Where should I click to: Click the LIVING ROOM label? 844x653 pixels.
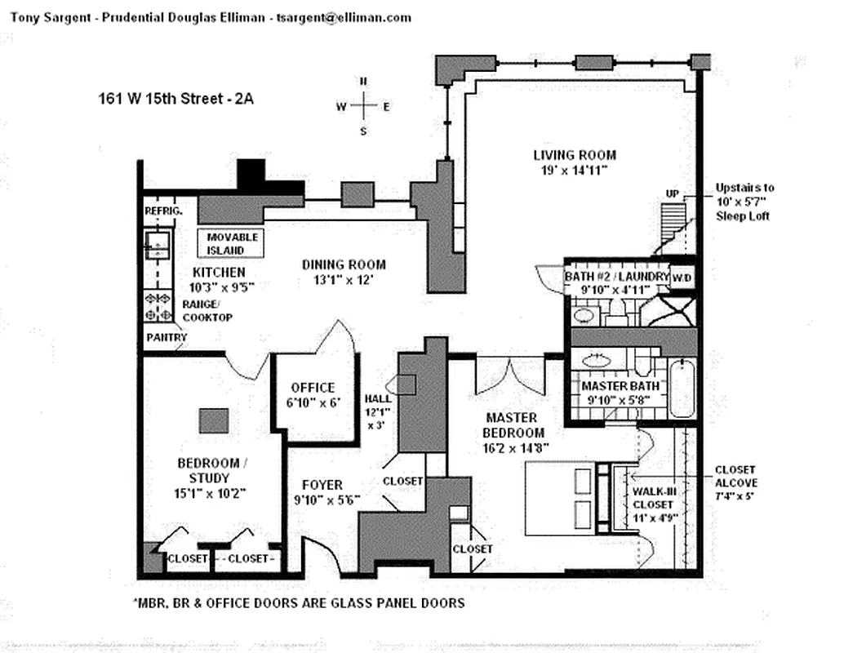[x=575, y=155]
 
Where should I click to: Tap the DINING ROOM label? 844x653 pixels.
[x=344, y=264]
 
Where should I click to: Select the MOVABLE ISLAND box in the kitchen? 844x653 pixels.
[x=230, y=243]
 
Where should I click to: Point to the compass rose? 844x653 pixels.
[x=363, y=106]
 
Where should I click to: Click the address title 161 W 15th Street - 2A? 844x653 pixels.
[x=176, y=99]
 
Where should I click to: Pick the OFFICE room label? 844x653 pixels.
[x=313, y=388]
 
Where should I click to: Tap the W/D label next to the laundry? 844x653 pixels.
[x=682, y=278]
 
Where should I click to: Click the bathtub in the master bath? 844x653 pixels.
[x=682, y=389]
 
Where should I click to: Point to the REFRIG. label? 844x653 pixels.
[x=163, y=211]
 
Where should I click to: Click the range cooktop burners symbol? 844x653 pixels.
[x=158, y=306]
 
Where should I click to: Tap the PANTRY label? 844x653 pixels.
[x=167, y=338]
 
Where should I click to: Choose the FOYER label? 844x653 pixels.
[x=322, y=485]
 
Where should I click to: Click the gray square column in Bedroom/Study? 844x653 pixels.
[x=214, y=420]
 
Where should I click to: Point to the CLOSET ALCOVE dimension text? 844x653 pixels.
[x=735, y=495]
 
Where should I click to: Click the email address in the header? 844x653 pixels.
[x=344, y=18]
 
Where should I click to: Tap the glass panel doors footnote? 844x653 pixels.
[x=299, y=603]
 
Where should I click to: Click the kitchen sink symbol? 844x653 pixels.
[x=158, y=245]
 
